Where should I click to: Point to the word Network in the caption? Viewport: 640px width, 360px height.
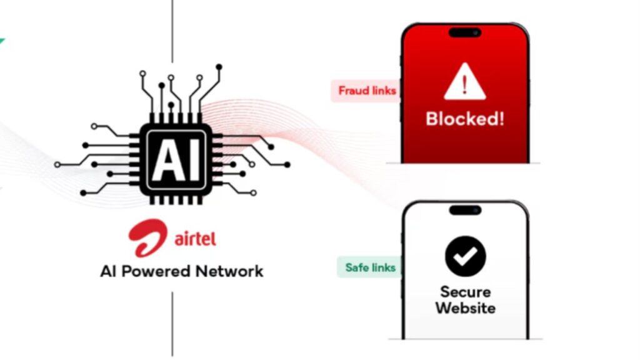click(x=229, y=271)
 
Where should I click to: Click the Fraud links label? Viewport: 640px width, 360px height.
click(x=367, y=91)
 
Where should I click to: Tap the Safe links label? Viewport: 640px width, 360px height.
click(x=370, y=267)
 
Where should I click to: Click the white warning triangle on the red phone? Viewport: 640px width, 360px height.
click(x=464, y=84)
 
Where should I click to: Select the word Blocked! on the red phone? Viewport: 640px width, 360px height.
click(x=464, y=119)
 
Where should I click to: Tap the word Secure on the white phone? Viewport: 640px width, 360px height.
click(x=465, y=292)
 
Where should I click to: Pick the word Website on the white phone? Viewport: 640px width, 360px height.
click(x=465, y=308)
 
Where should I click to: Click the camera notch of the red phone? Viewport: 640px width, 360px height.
click(x=465, y=32)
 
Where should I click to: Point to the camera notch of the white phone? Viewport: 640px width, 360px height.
click(x=465, y=210)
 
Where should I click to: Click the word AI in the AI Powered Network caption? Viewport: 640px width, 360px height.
click(x=108, y=271)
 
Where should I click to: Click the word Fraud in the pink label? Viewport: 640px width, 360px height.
click(x=352, y=91)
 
